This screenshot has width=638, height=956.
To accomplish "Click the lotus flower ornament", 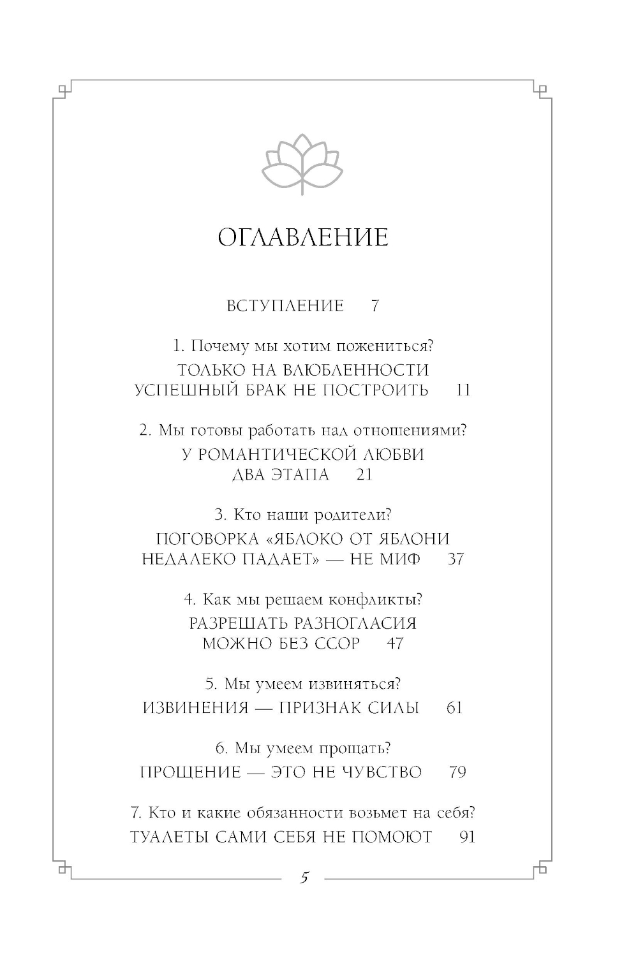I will point(302,164).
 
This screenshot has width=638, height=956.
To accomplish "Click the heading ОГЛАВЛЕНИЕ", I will point(303,238).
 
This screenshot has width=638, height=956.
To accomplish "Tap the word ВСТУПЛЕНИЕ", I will point(285,306).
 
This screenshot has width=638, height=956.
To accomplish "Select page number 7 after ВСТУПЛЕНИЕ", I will point(375,306).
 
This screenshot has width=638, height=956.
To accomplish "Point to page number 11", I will point(463,390).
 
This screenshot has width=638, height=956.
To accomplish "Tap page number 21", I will point(364,475).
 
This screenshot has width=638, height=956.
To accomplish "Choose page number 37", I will point(455,559).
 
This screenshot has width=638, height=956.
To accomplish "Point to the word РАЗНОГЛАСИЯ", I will point(349,623).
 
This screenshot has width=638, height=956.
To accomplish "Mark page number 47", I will point(395,643).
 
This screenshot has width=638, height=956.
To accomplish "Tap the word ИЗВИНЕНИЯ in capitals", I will point(195,708).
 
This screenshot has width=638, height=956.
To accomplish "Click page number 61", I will point(454,708).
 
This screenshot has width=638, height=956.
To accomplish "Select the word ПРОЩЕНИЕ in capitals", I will point(190,772).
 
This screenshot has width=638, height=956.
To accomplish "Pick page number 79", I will point(457,772).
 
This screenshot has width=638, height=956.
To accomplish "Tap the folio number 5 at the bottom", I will point(304,878).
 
